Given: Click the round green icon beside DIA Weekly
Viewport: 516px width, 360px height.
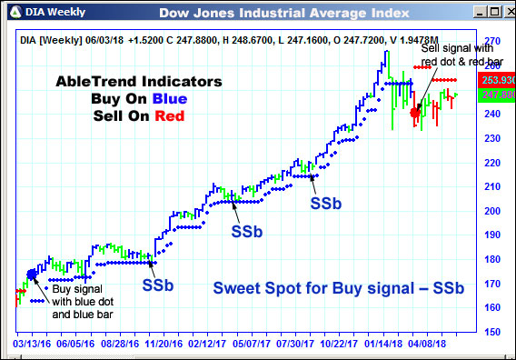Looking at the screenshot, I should coord(11,11).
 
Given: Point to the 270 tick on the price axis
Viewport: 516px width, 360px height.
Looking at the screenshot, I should coord(492,43).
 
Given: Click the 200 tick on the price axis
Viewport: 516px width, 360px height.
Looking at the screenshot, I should coord(492,211).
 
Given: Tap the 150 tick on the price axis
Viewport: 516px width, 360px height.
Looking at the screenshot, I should coord(492,332).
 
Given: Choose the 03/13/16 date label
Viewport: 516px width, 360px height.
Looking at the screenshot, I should coord(31,345).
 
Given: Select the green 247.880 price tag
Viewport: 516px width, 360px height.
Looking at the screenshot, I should coord(492,95).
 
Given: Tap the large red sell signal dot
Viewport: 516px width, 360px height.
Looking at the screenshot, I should coord(415,113).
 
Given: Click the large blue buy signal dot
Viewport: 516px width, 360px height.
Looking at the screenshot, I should coord(32,274).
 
